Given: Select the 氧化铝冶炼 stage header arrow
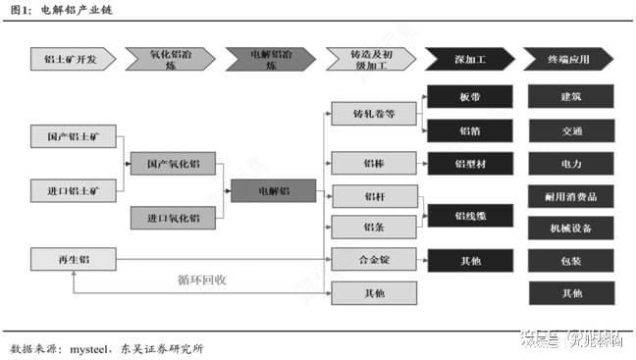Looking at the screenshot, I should pyautogui.click(x=169, y=60).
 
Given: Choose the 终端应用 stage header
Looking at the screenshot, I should pyautogui.click(x=570, y=60).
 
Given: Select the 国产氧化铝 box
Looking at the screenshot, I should pyautogui.click(x=172, y=164).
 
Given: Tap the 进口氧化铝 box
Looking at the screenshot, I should pyautogui.click(x=172, y=217).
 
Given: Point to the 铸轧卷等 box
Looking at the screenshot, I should pyautogui.click(x=374, y=114).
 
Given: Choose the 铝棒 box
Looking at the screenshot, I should pyautogui.click(x=374, y=163).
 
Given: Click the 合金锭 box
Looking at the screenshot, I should pyautogui.click(x=374, y=259).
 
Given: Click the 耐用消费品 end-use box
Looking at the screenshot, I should pyautogui.click(x=570, y=195).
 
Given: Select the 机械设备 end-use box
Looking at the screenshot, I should pyautogui.click(x=570, y=229).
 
